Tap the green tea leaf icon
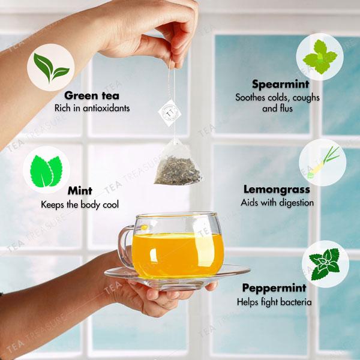pos(51,67)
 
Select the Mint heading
pos(79,191)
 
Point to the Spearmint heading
pos(280,84)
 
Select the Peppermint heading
pos(275,288)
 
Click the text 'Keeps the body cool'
pos(79,205)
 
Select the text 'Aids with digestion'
pos(277,203)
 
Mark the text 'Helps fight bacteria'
pos(274,302)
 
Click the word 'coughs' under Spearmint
pos(306,97)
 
